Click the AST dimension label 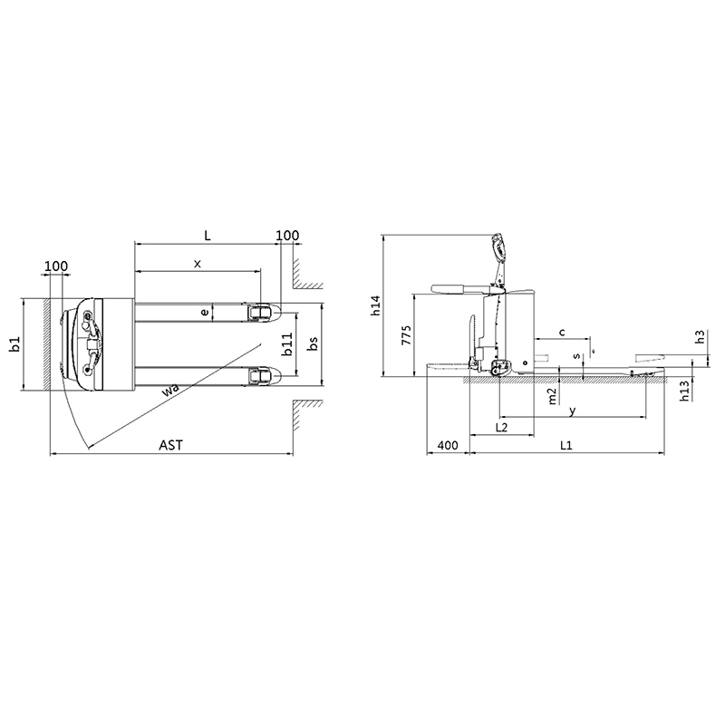click(170, 445)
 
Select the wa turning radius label click(170, 391)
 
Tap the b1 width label click(15, 344)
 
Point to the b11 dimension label click(287, 344)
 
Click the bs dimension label click(313, 343)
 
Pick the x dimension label click(198, 264)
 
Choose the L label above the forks click(208, 236)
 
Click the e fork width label click(205, 313)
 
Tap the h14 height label click(375, 305)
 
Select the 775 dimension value click(406, 334)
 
